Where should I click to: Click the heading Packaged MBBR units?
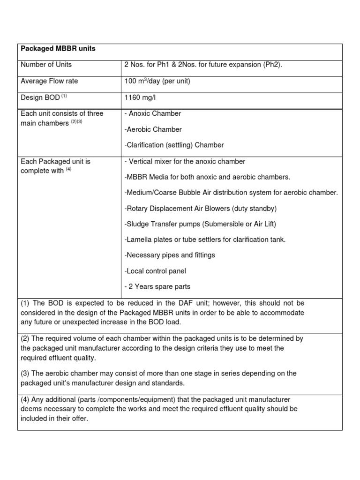point(58,49)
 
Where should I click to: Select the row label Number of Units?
point(46,65)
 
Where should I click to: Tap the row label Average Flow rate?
point(49,81)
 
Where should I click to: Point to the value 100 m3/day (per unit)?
point(157,81)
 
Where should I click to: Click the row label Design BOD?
point(40,97)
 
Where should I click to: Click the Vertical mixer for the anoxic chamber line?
point(185,162)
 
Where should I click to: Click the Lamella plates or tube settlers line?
point(205,240)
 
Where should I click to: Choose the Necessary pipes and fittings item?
point(170,255)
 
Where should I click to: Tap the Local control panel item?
point(155,271)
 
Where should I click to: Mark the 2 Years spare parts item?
point(157,287)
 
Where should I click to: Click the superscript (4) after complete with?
point(68,169)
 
